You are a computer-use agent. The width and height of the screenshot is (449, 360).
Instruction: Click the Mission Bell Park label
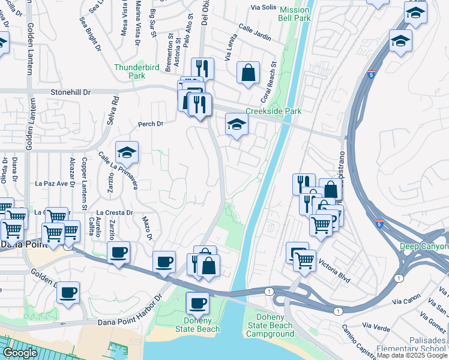295,14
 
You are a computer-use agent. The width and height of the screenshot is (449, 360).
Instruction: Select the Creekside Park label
273,112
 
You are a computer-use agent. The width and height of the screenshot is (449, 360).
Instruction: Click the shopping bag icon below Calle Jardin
248,73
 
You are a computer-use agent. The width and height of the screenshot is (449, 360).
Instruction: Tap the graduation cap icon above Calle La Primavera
127,154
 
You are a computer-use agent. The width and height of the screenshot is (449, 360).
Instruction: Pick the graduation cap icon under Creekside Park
237,125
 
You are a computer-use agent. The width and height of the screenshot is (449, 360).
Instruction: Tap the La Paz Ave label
50,183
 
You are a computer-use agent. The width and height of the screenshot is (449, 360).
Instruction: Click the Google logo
20,353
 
